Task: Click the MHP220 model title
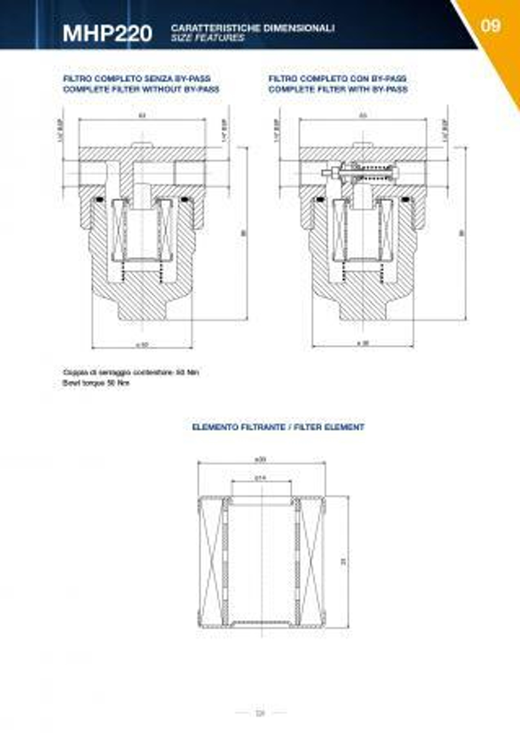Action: pos(107,33)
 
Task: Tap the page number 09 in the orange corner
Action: pos(490,25)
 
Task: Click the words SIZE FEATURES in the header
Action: pos(207,38)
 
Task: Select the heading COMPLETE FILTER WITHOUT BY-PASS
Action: pos(141,89)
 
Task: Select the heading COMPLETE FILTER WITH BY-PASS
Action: pos(338,89)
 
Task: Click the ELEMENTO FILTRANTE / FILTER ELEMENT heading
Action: pos(278,427)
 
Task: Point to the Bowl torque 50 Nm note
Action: pos(96,383)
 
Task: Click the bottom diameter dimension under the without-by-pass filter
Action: pos(142,344)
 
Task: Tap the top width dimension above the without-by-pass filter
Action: pos(142,115)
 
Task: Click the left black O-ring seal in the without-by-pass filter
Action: pos(99,201)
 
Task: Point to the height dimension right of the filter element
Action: pos(343,561)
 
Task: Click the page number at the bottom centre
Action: pos(261,713)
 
